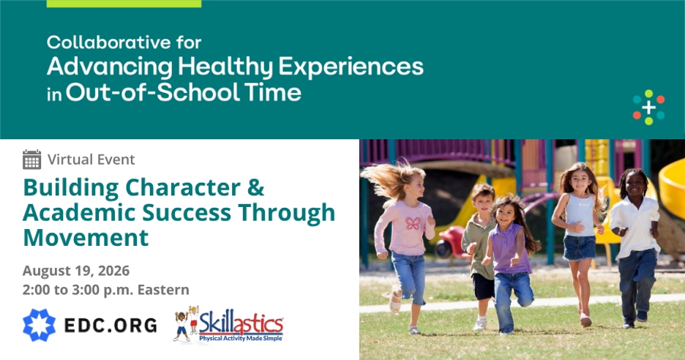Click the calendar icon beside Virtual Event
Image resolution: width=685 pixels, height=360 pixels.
[32, 160]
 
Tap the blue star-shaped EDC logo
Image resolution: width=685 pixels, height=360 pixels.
[40, 325]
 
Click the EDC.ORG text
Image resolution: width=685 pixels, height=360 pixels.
[111, 326]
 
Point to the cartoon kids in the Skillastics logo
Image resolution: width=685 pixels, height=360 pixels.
[186, 323]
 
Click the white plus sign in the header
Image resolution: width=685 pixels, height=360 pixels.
[648, 108]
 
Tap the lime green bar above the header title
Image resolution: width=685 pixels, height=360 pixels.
[124, 4]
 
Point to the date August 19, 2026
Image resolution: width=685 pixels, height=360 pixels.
[76, 271]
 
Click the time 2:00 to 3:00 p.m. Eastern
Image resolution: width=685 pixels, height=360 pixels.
[106, 290]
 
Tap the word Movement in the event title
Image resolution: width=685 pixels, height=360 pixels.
[86, 238]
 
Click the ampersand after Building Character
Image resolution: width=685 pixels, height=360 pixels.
[255, 187]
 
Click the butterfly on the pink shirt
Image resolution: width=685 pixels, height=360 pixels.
[413, 224]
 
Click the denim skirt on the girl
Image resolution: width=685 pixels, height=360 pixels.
[580, 248]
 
